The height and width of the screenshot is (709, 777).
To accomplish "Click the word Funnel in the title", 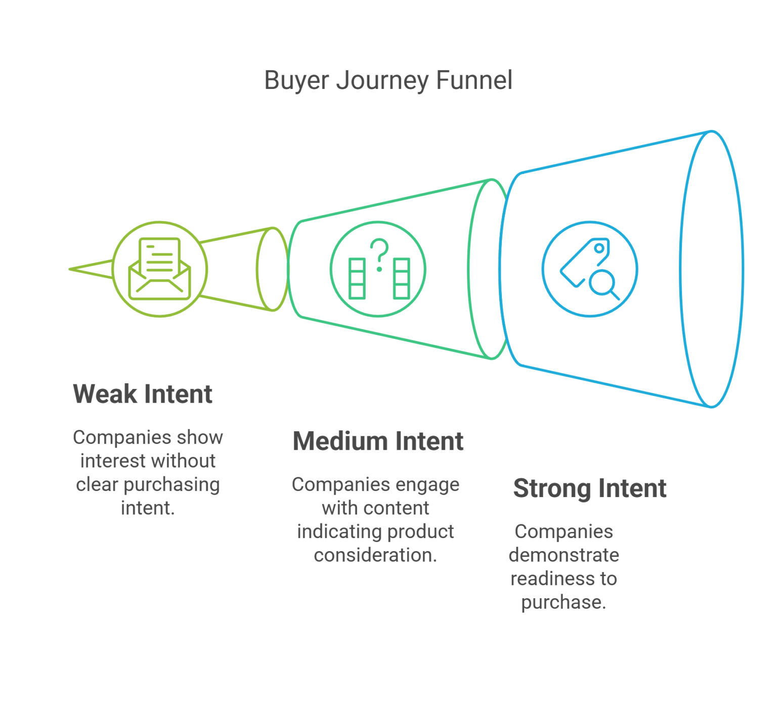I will click(x=474, y=80).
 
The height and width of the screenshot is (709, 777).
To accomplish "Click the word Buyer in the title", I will click(x=296, y=80).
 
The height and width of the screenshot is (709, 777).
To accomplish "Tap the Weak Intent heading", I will click(x=143, y=394).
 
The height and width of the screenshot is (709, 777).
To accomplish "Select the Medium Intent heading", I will click(x=378, y=441).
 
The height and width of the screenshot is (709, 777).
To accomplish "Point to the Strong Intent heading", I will click(x=590, y=488).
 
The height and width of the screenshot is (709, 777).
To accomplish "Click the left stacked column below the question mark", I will click(x=357, y=279).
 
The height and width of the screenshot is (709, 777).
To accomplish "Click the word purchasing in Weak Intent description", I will click(x=171, y=484).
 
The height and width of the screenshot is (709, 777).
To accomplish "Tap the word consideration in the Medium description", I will click(x=375, y=555).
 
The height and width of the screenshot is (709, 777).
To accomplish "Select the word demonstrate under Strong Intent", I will click(x=564, y=555).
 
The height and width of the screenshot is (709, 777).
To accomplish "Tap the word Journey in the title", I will click(x=382, y=80).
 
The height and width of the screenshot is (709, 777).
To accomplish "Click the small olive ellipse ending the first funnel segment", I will click(x=273, y=269).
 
